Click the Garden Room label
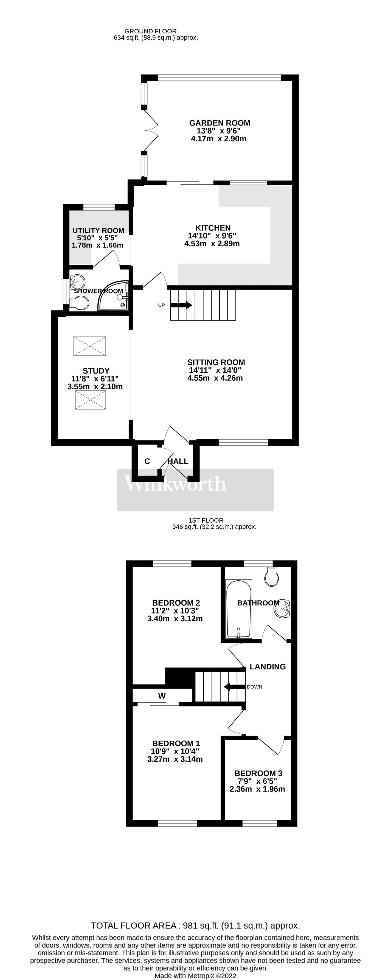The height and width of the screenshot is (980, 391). [220, 123]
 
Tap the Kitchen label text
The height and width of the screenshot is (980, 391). [213, 228]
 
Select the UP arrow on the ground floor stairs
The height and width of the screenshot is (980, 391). [181, 305]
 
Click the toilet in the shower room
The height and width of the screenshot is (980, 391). [79, 303]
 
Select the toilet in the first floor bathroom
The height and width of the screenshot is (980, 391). [272, 577]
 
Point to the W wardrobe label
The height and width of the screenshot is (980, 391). [162, 696]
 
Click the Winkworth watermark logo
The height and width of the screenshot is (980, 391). [175, 484]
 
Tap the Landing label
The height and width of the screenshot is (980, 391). [268, 666]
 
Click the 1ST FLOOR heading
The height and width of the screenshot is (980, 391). [206, 520]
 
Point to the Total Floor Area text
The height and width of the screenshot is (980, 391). [195, 925]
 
